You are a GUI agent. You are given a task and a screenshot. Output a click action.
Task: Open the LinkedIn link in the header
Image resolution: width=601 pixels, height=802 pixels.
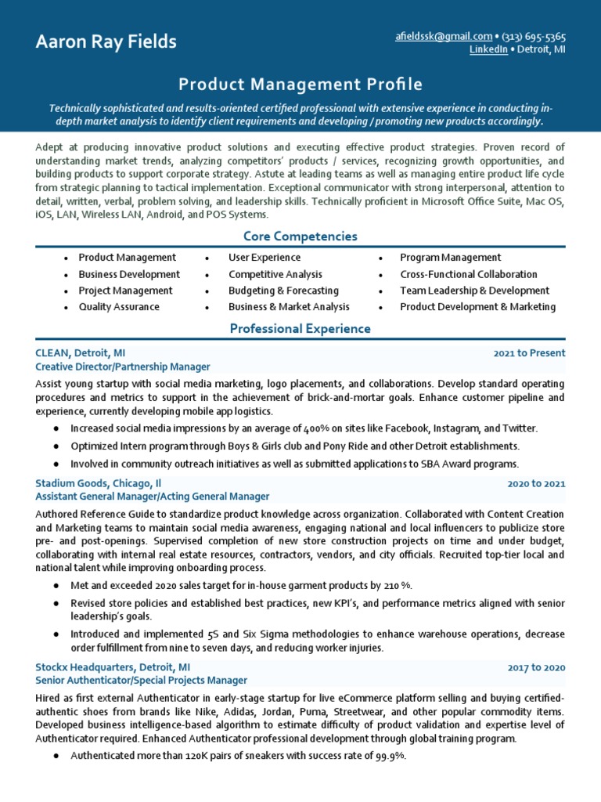488,49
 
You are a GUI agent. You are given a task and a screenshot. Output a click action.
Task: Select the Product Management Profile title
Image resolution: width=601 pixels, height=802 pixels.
300,84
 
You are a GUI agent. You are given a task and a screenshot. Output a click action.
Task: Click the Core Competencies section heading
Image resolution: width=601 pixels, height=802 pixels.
300,236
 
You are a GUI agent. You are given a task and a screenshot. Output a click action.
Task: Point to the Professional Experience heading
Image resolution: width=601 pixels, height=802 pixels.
300,329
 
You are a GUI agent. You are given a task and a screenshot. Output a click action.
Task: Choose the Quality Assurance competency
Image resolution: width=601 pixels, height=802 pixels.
118,307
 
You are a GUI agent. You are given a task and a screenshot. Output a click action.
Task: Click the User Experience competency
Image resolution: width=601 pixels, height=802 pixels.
264,258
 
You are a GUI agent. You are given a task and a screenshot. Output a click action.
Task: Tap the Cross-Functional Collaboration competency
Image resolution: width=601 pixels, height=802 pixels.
468,274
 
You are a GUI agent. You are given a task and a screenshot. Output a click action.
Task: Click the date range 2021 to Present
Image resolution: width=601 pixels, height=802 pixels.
529,353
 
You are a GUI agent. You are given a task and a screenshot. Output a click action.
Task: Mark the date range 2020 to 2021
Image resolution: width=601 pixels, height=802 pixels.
536,483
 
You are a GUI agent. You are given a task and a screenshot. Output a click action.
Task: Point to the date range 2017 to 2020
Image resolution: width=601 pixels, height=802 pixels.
536,667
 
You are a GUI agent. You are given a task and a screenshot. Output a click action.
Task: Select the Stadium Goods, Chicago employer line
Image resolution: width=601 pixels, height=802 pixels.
98,483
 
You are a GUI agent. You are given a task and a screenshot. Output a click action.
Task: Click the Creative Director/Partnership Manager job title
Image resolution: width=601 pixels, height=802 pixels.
122,367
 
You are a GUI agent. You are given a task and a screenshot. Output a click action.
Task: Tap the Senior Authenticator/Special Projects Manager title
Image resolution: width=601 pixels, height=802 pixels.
141,681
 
